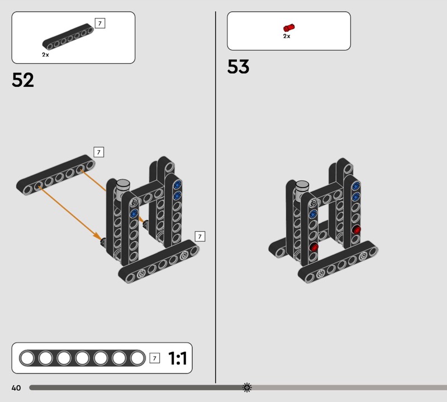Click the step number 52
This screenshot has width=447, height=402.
pos(23,80)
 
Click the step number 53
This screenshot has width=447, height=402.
pos(238,67)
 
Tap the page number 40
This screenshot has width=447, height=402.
pos(16,387)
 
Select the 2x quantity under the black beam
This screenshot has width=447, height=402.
pos(45,54)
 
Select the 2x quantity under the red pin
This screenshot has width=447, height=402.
pos(287,36)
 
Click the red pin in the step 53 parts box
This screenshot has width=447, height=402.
pos(289,27)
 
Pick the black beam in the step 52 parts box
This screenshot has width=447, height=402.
pos(68,37)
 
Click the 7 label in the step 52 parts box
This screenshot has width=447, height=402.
pos(100,23)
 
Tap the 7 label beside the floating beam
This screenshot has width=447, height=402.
pos(99,152)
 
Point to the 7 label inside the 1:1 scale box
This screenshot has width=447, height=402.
pos(155,358)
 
